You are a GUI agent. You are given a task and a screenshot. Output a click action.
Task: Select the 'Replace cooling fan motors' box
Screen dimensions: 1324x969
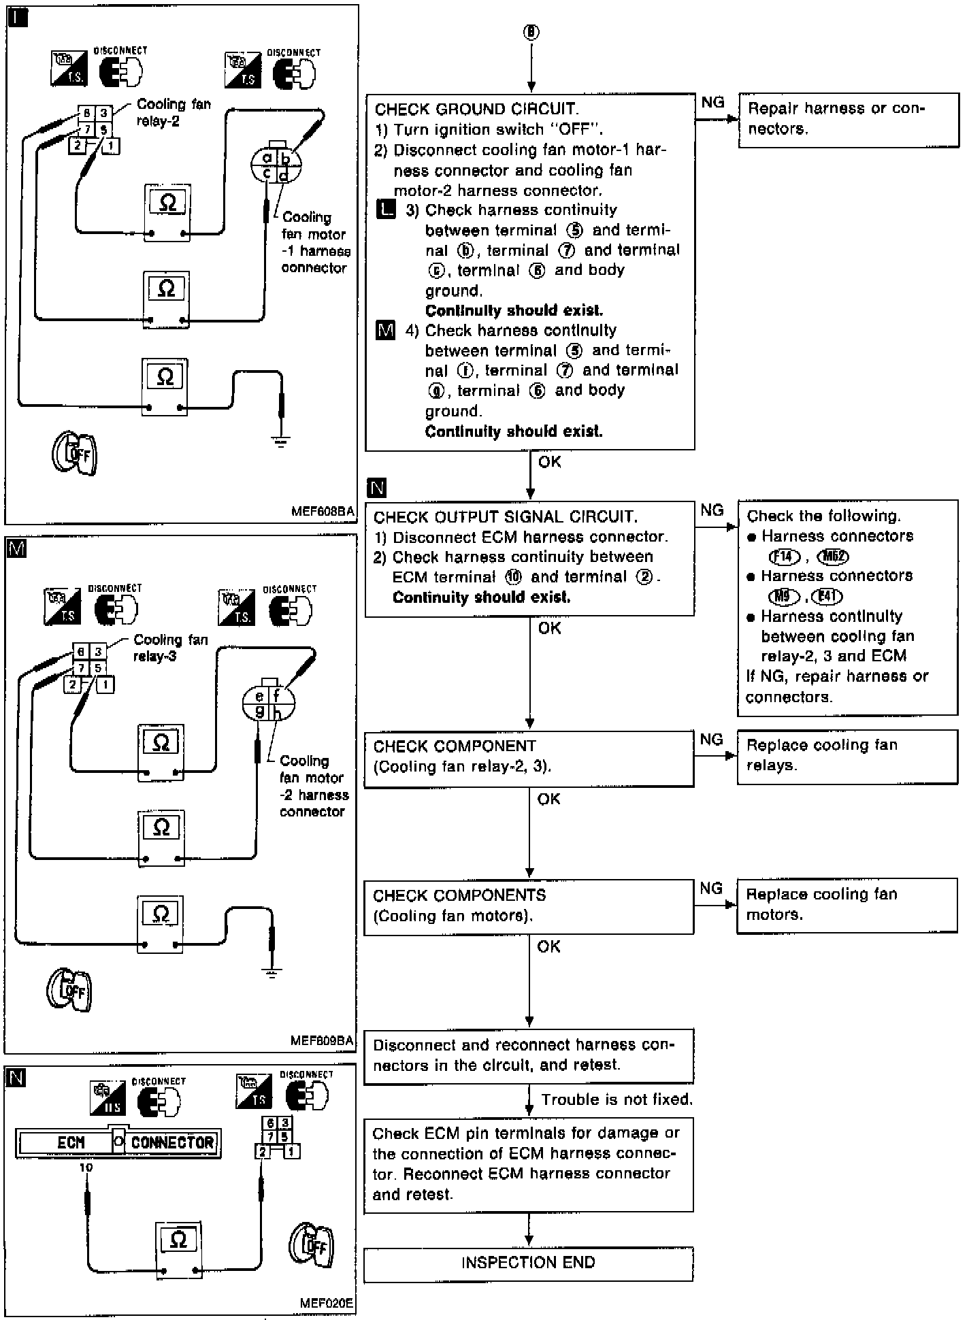[847, 906]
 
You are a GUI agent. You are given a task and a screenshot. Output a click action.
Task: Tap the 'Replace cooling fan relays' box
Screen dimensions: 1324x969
[847, 756]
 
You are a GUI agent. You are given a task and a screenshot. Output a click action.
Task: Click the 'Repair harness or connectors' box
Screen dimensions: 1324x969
[847, 119]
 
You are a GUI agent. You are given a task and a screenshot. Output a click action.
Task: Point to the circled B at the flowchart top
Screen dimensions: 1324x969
[531, 32]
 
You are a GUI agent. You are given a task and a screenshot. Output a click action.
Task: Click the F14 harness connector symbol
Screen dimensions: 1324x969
[784, 557]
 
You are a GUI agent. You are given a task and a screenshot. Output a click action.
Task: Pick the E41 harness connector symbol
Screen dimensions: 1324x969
[827, 597]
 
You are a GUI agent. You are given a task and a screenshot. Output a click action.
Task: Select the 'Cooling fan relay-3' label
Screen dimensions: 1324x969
[171, 648]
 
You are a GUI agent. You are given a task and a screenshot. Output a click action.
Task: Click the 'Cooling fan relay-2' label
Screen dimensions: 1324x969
[174, 113]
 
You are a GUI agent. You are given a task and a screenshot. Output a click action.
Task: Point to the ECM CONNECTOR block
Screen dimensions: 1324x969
[117, 1142]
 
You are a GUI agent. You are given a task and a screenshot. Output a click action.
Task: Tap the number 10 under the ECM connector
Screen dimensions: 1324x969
[86, 1168]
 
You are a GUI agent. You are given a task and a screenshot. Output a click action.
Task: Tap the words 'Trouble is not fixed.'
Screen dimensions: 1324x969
[617, 1099]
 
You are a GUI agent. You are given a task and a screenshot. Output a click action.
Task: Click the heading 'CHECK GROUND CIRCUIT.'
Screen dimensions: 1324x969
[476, 110]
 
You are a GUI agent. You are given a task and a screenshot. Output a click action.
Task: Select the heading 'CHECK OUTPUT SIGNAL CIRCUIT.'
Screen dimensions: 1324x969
[506, 517]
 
